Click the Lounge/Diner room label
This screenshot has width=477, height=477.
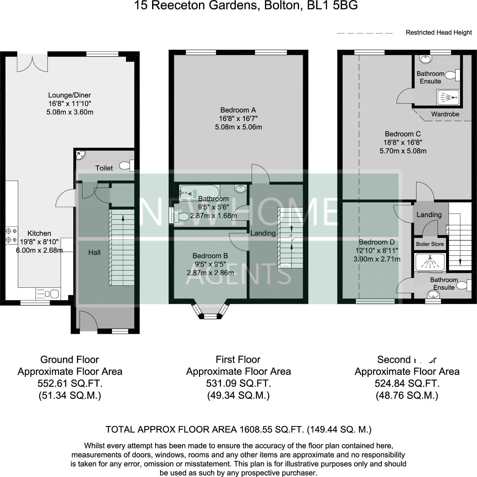(x=70, y=95)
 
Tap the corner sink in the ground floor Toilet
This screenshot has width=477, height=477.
(x=80, y=155)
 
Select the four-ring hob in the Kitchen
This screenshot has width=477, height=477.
(x=12, y=235)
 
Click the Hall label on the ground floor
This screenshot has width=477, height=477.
(x=94, y=252)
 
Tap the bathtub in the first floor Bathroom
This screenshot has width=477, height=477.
(x=199, y=193)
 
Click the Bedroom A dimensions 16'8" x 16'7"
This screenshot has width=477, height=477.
(x=238, y=118)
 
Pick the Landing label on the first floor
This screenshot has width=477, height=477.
(x=263, y=233)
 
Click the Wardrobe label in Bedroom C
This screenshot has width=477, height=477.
(x=445, y=114)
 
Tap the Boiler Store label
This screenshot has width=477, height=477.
(x=430, y=244)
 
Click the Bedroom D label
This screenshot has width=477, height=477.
(x=377, y=242)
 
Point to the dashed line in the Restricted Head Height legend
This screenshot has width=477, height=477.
(x=365, y=33)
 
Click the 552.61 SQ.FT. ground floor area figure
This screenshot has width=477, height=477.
(x=70, y=383)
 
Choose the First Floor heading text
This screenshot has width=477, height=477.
(x=238, y=360)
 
